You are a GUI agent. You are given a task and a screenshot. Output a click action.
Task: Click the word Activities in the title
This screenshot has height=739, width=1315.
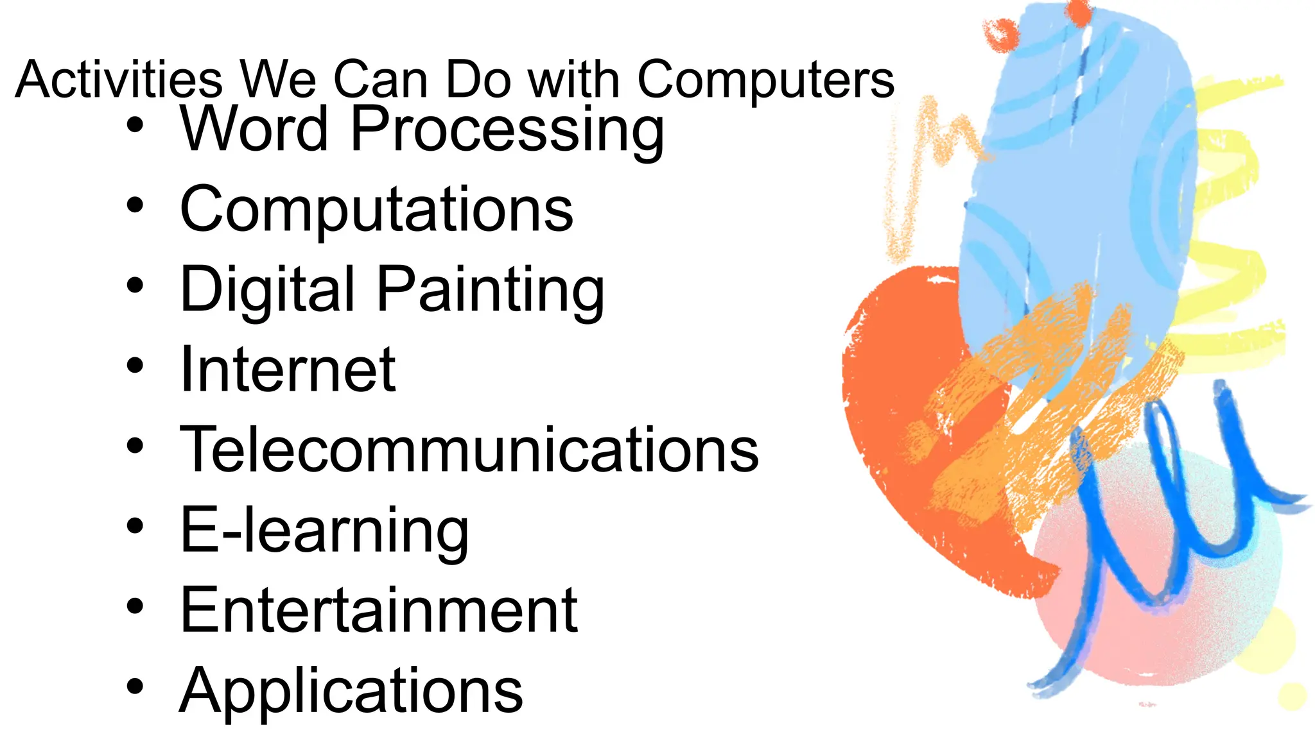119,80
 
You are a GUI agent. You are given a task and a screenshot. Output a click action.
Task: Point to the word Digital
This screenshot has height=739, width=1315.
267,290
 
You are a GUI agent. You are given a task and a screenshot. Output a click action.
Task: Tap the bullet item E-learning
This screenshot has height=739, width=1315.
324,531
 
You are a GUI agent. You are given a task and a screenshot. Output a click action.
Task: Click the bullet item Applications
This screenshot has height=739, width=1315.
351,691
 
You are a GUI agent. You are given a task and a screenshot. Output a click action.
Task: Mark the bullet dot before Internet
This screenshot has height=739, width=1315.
135,366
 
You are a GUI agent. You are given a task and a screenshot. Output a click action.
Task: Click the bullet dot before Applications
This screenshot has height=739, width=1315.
135,686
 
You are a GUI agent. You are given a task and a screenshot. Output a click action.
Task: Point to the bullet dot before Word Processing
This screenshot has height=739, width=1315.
135,125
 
